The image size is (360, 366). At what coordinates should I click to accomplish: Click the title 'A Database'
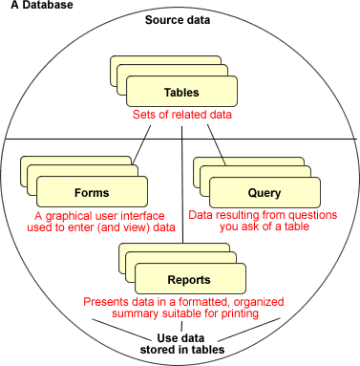coord(35,7)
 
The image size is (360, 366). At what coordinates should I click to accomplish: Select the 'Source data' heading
coord(179,20)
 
